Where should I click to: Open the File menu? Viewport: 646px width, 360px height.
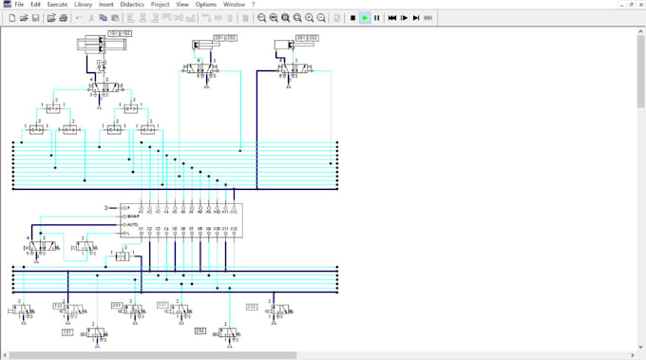click(19, 5)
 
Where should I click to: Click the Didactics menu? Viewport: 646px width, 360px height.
click(132, 5)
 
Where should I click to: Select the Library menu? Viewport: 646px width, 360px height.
click(84, 5)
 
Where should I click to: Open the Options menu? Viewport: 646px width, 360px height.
click(206, 5)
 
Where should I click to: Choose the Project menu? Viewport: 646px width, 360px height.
click(160, 5)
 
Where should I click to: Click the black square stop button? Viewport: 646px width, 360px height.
click(352, 18)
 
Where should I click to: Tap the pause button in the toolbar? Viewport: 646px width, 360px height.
click(377, 18)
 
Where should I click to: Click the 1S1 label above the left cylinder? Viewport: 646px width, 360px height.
click(114, 34)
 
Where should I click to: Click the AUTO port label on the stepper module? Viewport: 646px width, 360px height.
click(132, 224)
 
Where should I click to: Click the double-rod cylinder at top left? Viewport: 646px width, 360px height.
click(101, 45)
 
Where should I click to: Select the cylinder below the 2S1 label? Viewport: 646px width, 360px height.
click(203, 46)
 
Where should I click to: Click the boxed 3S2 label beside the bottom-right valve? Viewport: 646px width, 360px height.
click(252, 307)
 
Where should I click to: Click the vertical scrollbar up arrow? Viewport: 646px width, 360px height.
click(641, 30)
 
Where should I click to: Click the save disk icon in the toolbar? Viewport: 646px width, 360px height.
click(36, 18)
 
